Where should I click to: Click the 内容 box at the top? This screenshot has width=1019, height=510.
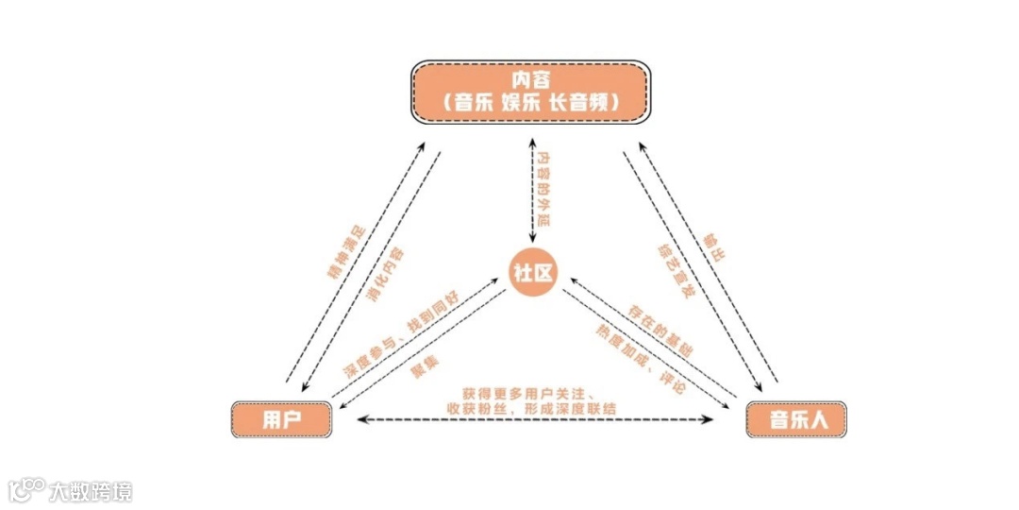pos(531,91)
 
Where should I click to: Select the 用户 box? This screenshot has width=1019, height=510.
pos(281,419)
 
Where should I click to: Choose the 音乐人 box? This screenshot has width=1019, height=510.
pos(796,419)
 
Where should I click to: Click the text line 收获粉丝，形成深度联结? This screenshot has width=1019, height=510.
pos(531,407)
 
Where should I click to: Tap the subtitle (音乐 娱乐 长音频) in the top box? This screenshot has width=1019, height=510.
pos(531,103)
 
